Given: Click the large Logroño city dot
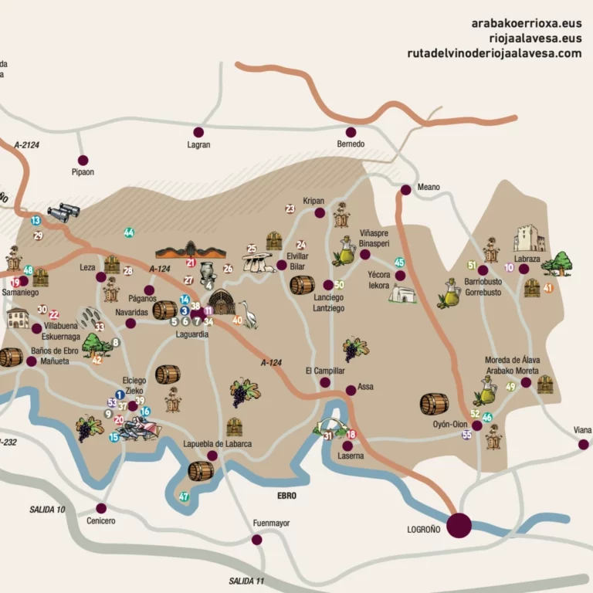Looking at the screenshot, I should [x=459, y=525].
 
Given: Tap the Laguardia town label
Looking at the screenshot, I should [x=192, y=334].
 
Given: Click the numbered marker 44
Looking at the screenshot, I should [x=129, y=232].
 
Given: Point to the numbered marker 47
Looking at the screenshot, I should [x=184, y=496].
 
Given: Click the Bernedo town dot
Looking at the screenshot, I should [x=351, y=132].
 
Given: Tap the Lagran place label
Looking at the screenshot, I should [x=198, y=144].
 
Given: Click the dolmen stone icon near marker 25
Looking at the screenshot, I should [x=258, y=263].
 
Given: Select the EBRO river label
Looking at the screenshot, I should [x=287, y=495].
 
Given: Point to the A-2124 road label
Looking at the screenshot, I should [x=26, y=144].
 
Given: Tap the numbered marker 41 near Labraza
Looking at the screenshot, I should [x=548, y=288].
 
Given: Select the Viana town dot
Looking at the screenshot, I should [x=584, y=444].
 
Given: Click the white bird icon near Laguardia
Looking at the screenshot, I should [x=249, y=315].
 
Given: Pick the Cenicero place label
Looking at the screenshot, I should [x=100, y=521].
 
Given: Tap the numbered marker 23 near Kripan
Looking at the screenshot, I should [x=290, y=208].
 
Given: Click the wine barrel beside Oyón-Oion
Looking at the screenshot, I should [x=434, y=404].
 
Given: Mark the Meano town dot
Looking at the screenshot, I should [x=406, y=189].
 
